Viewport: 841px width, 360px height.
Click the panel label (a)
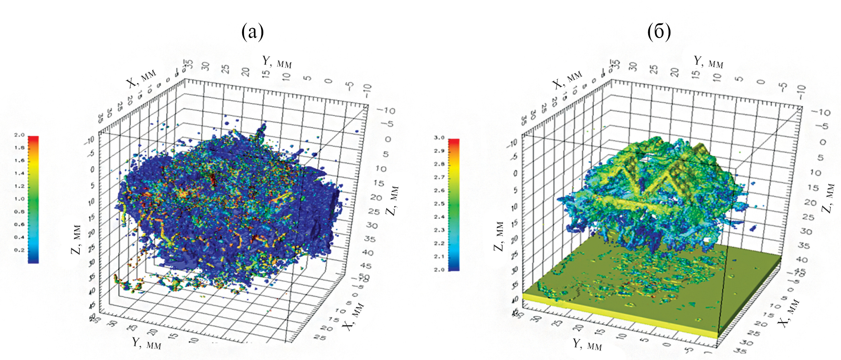pos(253,32)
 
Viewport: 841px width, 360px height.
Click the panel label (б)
pos(659,32)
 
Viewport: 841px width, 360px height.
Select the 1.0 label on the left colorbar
pos(20,199)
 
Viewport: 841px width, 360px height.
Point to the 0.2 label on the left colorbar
pos(20,250)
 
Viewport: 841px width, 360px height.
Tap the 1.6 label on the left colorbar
pos(20,160)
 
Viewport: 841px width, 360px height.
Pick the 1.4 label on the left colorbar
pos(20,173)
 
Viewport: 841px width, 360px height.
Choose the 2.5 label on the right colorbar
pos(439,204)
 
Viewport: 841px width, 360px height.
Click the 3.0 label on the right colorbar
pos(439,138)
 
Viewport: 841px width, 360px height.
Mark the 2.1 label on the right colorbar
pos(439,256)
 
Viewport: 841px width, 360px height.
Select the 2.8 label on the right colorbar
pos(439,164)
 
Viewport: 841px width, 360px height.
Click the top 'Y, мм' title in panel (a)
pos(277,62)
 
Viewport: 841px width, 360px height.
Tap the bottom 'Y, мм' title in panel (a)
pos(147,343)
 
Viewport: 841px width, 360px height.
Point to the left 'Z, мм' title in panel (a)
pos(77,239)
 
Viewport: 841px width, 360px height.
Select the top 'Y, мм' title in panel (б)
pos(708,62)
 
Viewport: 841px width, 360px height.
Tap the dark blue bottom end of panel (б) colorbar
pos(454,268)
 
